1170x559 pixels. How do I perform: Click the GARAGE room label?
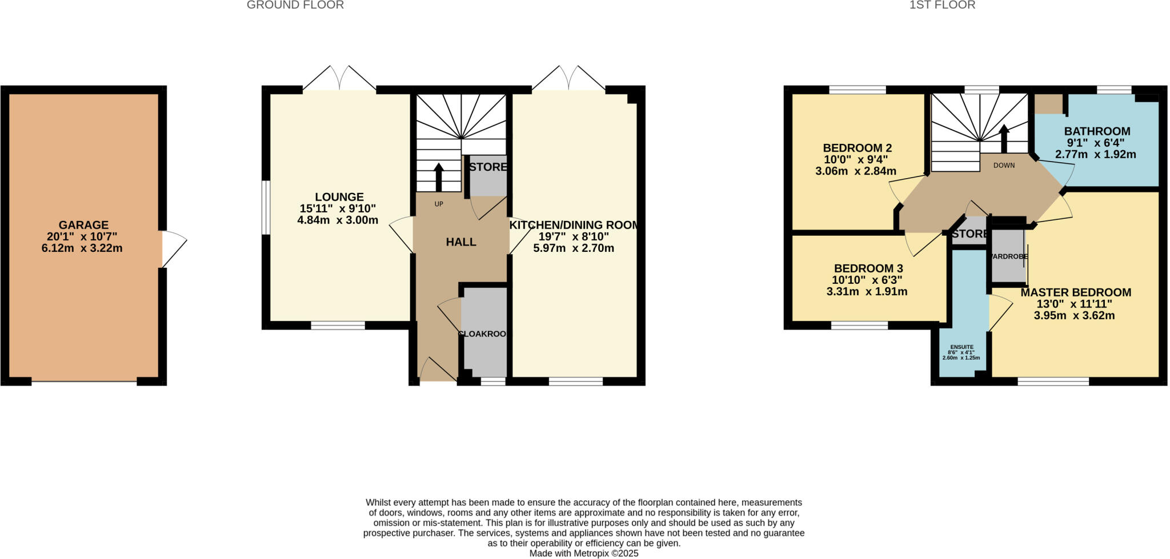click(83, 225)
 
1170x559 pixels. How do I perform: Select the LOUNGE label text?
click(339, 197)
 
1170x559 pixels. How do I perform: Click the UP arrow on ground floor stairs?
click(439, 176)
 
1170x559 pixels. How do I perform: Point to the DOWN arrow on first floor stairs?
click(1004, 137)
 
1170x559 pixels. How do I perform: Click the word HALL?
click(461, 242)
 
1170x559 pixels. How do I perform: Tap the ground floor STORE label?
click(487, 167)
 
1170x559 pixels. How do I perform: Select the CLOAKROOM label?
click(483, 333)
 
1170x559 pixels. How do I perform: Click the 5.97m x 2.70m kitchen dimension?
click(573, 248)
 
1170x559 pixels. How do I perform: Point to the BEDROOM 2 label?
click(857, 148)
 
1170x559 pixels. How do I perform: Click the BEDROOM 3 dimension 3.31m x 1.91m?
click(867, 292)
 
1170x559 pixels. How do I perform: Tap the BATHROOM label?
click(1097, 131)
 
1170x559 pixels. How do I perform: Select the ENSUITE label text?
click(962, 347)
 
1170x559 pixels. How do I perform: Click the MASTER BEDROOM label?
click(1076, 292)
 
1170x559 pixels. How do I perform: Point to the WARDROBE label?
click(1009, 256)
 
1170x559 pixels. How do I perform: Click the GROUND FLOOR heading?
click(295, 5)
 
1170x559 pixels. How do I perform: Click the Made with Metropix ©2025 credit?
click(584, 553)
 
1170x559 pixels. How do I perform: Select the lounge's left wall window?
click(266, 208)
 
